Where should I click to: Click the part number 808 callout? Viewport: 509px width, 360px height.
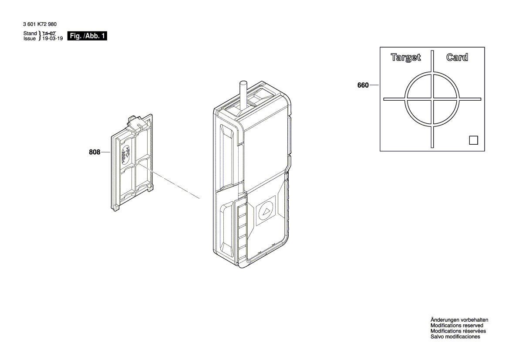[94, 152]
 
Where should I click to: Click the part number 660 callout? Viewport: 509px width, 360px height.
[363, 85]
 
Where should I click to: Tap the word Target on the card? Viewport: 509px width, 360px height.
[406, 57]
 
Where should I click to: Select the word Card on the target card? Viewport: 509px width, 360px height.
[457, 57]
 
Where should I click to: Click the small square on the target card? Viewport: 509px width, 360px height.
[473, 140]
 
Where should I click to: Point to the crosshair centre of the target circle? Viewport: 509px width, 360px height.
[432, 99]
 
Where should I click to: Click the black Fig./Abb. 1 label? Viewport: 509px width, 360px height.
[87, 36]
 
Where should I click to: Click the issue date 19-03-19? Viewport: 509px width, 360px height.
[52, 39]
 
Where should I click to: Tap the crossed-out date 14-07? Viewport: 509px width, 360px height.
[49, 34]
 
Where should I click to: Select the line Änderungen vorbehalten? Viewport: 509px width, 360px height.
[459, 320]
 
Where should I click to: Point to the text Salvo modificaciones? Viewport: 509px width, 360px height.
[455, 337]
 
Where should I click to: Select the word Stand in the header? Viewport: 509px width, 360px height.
[30, 34]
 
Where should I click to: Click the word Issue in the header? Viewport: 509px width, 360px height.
[30, 39]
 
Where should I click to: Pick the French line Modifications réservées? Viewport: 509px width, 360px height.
[458, 331]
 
